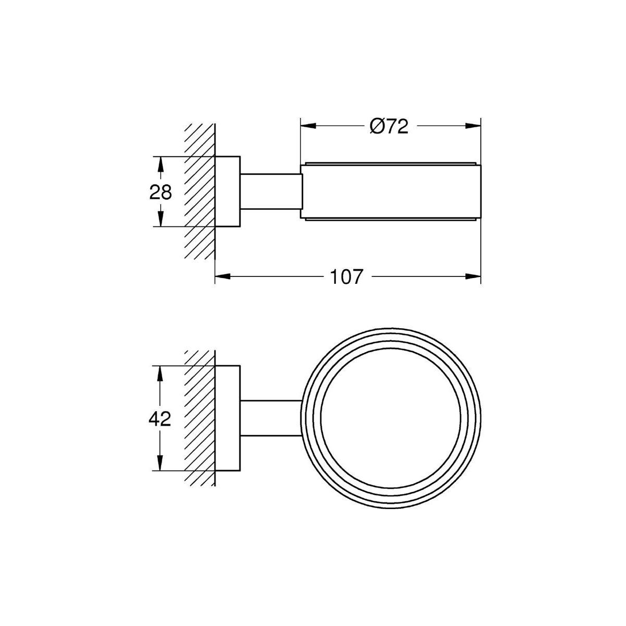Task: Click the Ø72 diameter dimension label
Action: click(x=389, y=126)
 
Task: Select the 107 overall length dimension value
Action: click(x=346, y=277)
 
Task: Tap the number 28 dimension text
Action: click(x=161, y=192)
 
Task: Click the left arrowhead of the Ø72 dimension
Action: click(x=308, y=126)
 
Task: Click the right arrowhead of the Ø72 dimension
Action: click(x=473, y=126)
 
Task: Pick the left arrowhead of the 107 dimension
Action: click(x=223, y=276)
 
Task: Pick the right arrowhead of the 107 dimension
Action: click(x=473, y=276)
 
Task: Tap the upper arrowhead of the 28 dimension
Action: click(x=160, y=164)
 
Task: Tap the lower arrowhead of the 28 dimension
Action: click(x=160, y=219)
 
